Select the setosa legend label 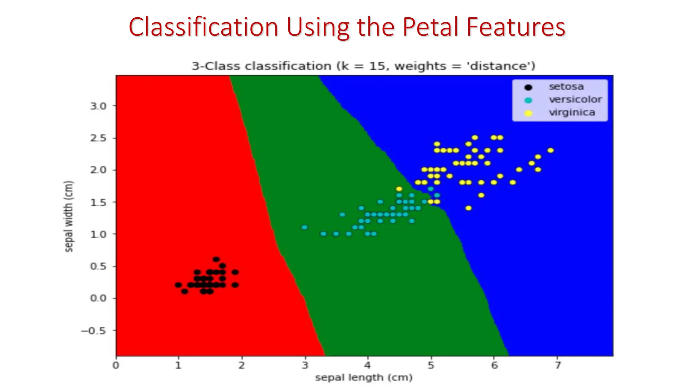[566, 87]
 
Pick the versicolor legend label [575, 99]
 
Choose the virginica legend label [572, 112]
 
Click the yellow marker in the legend [528, 113]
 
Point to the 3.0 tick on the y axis [98, 106]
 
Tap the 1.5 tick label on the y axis [98, 202]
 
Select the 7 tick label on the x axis [557, 365]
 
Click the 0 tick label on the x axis [116, 365]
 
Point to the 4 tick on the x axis [368, 365]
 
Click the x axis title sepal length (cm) [364, 377]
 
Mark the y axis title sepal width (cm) [69, 217]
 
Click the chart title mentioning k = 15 [363, 66]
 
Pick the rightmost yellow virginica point [550, 150]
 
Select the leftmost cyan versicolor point [304, 227]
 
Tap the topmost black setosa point [216, 259]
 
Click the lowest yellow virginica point [468, 208]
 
